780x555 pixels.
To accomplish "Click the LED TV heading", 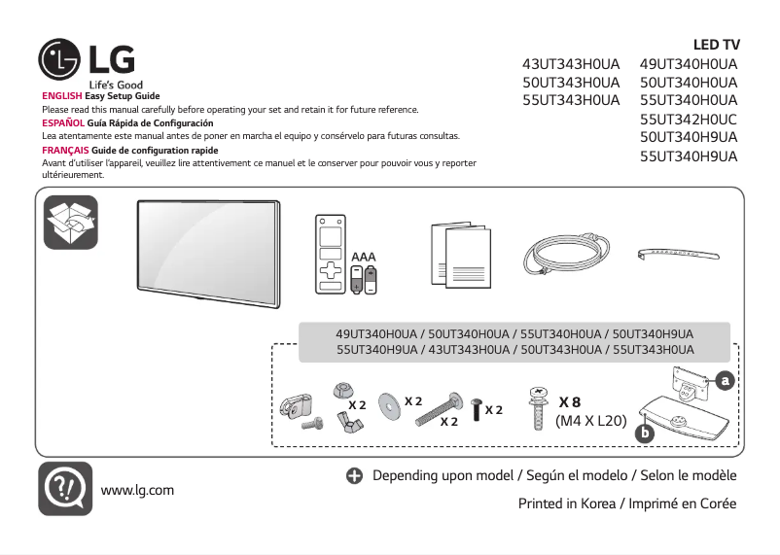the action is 716,45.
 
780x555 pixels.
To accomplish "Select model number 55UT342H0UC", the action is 689,119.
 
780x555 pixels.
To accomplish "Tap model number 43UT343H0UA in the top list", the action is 571,64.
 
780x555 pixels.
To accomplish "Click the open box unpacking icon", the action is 71,222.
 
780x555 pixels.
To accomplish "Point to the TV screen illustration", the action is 206,244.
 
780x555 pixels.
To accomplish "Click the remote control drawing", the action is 330,253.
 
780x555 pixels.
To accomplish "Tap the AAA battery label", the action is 363,257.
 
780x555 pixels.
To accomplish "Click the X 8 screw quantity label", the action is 570,402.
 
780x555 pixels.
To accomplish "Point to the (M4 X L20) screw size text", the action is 590,422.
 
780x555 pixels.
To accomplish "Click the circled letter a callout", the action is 723,381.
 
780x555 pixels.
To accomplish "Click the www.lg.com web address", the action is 137,489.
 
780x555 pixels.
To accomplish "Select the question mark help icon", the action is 65,488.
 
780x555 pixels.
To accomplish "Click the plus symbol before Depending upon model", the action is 353,476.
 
